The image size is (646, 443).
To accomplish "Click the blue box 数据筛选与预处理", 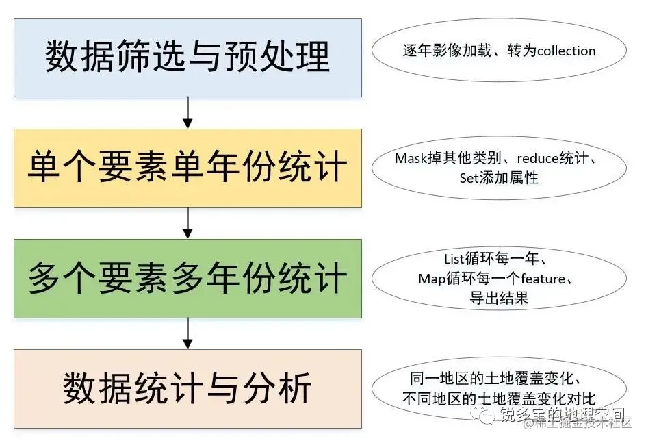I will (x=188, y=57).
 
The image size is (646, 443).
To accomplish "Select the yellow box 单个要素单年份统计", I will (x=188, y=168).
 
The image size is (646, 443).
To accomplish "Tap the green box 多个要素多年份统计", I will (x=188, y=278).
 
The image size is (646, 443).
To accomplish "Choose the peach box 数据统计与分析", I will (x=188, y=388).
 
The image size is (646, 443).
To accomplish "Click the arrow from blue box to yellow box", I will (x=188, y=113).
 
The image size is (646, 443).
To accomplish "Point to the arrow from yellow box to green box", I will (x=188, y=223).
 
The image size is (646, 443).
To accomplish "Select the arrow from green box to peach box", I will (x=188, y=333).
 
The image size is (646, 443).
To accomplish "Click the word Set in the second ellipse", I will (x=470, y=178).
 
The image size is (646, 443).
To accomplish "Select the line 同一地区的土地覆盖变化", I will (x=498, y=379).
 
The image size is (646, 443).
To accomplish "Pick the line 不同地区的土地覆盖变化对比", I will (x=498, y=398).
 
